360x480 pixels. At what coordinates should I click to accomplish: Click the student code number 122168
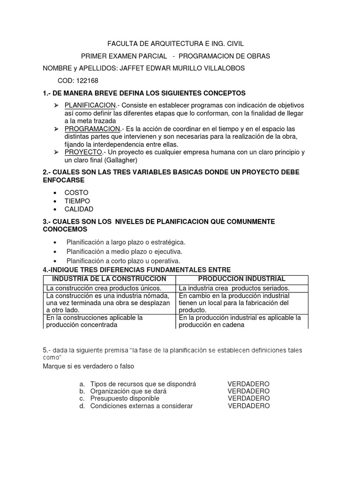click(x=88, y=81)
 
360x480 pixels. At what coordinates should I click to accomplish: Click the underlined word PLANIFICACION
click(x=90, y=105)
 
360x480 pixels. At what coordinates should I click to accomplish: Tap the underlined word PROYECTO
click(x=83, y=152)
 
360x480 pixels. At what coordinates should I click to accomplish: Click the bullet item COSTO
click(x=76, y=193)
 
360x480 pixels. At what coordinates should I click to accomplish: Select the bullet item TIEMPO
click(x=77, y=201)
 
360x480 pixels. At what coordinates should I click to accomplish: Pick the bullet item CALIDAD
click(x=79, y=209)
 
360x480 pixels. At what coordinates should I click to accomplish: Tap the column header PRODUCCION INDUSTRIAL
click(x=242, y=279)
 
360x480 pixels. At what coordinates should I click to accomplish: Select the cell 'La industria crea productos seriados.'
click(x=234, y=288)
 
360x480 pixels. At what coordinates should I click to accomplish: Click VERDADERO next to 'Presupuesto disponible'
click(x=248, y=398)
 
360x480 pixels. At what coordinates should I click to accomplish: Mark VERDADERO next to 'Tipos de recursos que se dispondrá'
click(x=248, y=384)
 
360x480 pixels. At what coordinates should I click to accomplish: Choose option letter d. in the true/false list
click(x=82, y=406)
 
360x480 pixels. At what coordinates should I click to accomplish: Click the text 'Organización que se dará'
click(x=128, y=391)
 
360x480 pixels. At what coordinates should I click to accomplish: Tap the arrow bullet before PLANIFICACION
click(x=56, y=105)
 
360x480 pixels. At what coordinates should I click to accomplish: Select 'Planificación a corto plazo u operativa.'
click(x=123, y=261)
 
